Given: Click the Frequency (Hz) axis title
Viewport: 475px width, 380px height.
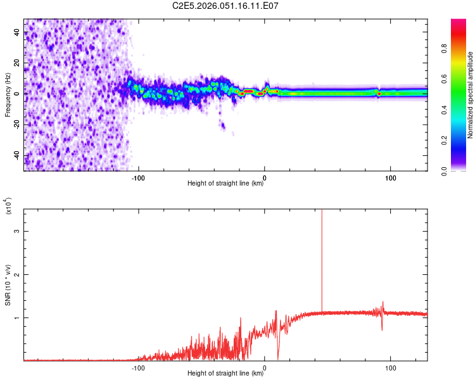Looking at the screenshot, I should [x=8, y=94].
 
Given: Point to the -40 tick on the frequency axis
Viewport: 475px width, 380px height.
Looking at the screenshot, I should [x=17, y=155].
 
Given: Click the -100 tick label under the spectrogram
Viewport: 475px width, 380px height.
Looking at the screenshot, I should [x=138, y=177].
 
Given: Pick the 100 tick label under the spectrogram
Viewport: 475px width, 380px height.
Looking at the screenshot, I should [x=391, y=177].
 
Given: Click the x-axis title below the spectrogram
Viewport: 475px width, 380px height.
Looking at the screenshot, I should [x=225, y=184].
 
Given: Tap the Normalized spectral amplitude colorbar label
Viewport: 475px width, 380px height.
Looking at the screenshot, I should [x=471, y=95].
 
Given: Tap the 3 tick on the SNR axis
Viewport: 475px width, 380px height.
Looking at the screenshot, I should [x=18, y=231].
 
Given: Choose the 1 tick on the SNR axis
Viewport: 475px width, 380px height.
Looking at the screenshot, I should [x=18, y=317].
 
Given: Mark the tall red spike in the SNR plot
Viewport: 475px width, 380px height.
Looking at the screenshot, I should [x=322, y=253].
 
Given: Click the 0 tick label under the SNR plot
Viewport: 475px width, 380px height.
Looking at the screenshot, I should [x=265, y=367].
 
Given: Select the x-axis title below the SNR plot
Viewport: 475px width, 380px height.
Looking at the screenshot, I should [x=225, y=374].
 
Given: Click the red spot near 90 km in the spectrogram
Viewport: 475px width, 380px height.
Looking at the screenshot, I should [x=379, y=94].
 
